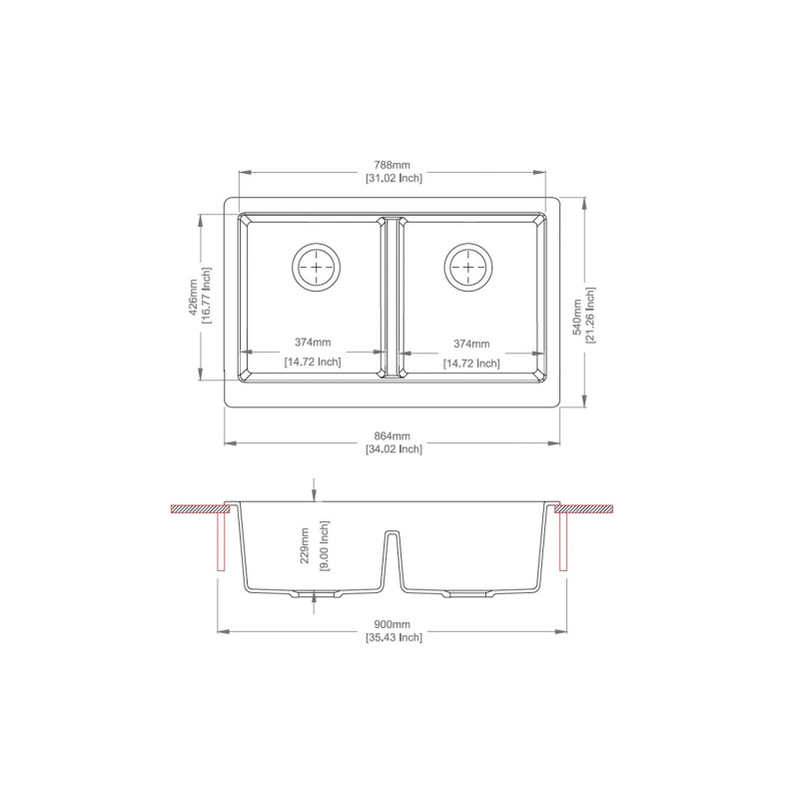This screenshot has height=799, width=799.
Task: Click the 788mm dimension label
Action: click(392, 165)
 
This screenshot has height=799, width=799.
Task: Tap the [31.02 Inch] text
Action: click(394, 179)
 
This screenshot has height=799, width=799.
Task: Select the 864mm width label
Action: click(392, 436)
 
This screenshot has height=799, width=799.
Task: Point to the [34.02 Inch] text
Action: click(394, 449)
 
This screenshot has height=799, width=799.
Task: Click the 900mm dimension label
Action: click(392, 624)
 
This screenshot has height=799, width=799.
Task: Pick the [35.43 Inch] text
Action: click(394, 637)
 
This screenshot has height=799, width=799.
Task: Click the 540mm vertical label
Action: click(577, 317)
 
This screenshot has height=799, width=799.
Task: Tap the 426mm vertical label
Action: click(194, 298)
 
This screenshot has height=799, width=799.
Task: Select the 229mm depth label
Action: click(305, 545)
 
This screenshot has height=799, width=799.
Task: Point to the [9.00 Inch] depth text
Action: click(324, 546)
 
